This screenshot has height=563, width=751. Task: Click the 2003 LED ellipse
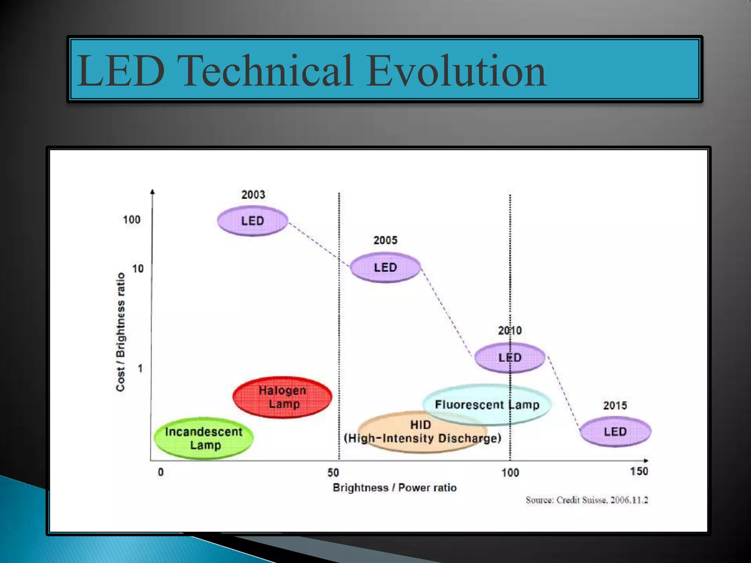pos(252,221)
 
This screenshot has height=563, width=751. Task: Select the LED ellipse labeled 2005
pos(385,267)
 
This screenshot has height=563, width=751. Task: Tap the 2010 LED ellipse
pos(510,357)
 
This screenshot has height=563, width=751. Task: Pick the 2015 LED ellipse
pos(615,431)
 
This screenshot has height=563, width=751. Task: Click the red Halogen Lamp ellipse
pos(282,397)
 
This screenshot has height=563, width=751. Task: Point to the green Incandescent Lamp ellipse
pos(204,438)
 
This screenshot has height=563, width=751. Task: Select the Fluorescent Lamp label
pos(487,405)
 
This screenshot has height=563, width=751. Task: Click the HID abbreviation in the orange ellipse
pos(420,425)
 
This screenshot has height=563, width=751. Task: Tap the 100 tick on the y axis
pos(132,220)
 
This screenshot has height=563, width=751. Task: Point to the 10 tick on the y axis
pos(138,269)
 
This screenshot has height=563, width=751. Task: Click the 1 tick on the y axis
pos(140,368)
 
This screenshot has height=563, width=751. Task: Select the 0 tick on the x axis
pos(161,472)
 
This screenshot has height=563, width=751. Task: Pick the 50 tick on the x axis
pos(333,472)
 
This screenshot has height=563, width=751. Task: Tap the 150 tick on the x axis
pos(639,471)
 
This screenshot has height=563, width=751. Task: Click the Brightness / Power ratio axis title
pos(395,488)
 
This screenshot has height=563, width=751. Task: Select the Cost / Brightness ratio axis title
pos(121,332)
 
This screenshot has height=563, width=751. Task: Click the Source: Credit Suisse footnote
pos(587,500)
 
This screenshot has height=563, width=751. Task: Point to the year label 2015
pos(615,405)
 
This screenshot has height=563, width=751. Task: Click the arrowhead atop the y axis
pos(153,191)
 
